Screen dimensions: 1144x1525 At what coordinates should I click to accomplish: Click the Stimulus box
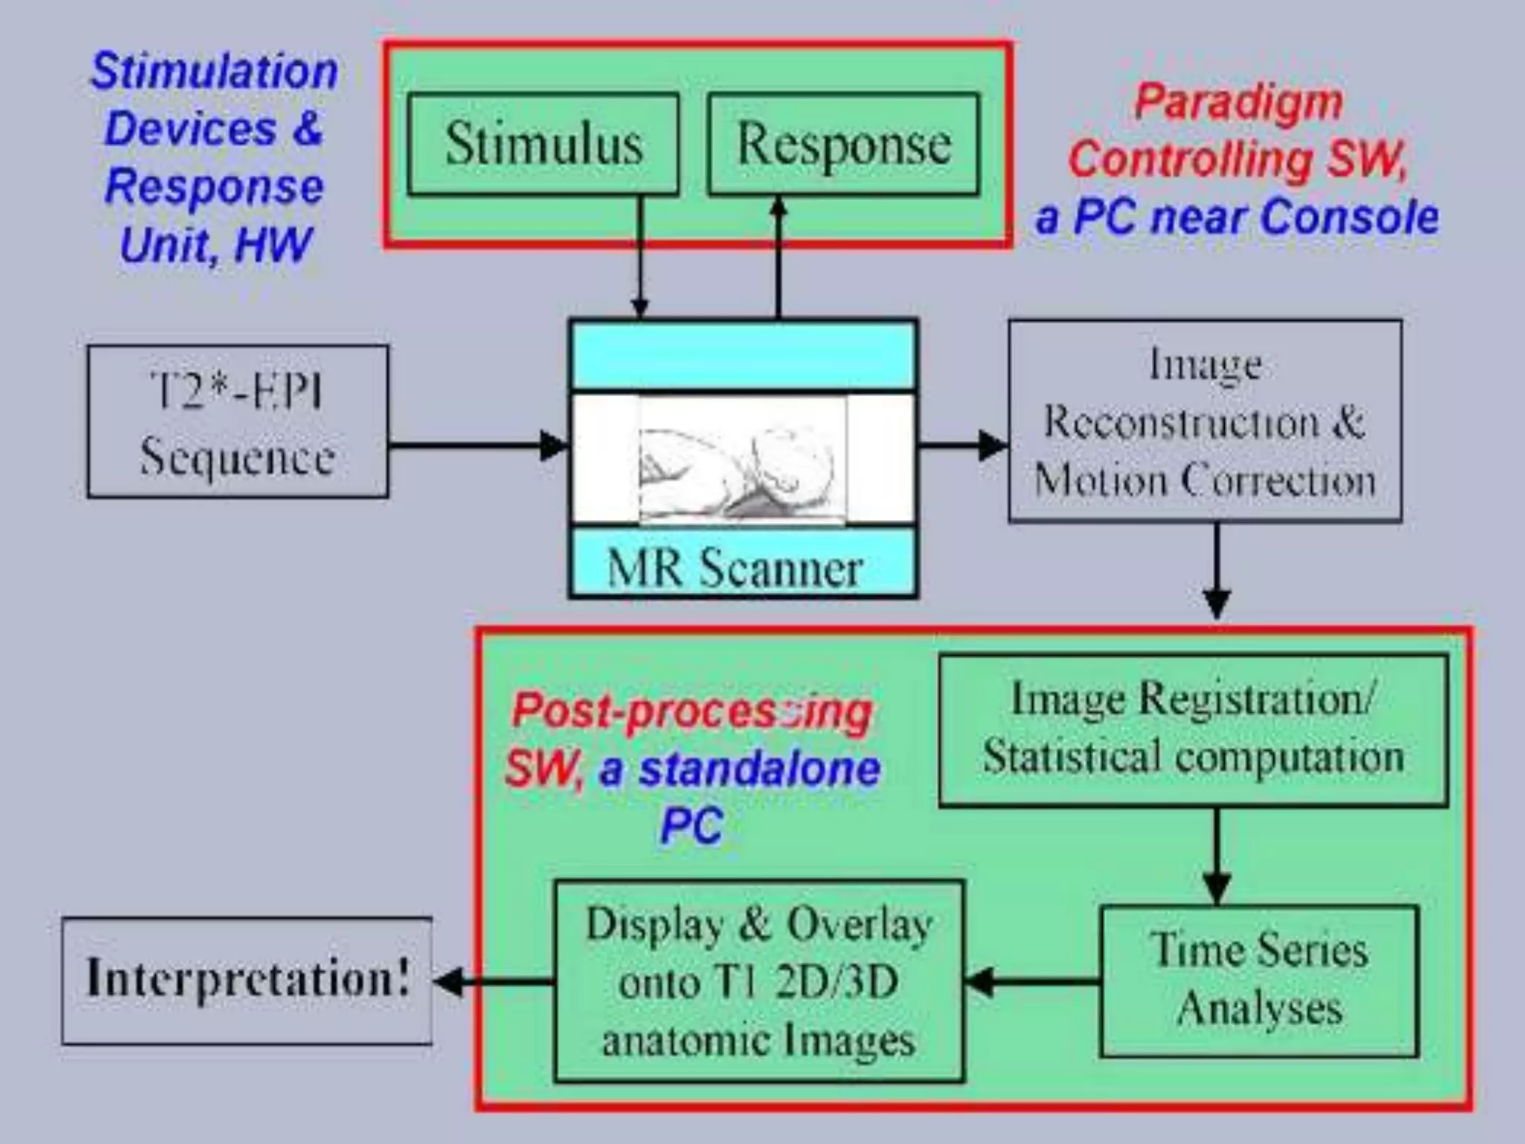[x=543, y=144]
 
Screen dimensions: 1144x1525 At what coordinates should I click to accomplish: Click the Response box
[x=843, y=144]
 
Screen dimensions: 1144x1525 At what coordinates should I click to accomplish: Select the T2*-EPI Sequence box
[x=238, y=422]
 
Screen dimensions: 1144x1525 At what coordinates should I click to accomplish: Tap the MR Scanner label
[x=735, y=569]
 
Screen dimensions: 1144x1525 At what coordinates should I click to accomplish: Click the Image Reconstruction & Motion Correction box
[x=1205, y=422]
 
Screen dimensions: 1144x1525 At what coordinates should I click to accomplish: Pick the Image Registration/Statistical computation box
[x=1193, y=730]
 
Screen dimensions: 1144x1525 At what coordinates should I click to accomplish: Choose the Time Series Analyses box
[x=1259, y=980]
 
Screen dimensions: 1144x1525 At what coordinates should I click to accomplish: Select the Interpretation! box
[x=246, y=980]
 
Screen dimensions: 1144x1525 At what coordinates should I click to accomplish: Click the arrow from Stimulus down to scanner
[x=639, y=257]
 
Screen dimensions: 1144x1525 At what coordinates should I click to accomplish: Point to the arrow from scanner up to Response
[x=778, y=257]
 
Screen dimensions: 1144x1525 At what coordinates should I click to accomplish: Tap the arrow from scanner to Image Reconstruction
[x=962, y=445]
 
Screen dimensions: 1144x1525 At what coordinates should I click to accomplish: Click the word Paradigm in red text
[x=1238, y=102]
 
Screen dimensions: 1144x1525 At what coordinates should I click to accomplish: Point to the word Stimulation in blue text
[x=214, y=71]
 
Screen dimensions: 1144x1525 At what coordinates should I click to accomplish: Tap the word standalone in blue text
[x=760, y=769]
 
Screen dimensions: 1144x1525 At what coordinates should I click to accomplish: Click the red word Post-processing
[x=692, y=711]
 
